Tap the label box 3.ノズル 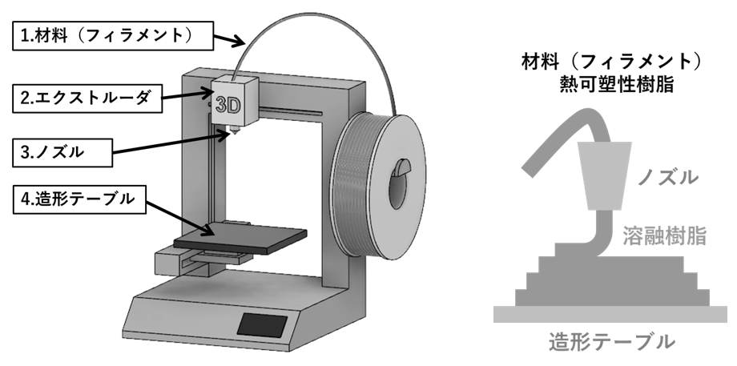coord(64,149)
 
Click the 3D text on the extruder coord(227,102)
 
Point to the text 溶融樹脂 coord(664,235)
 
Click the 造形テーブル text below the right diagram coord(612,342)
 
